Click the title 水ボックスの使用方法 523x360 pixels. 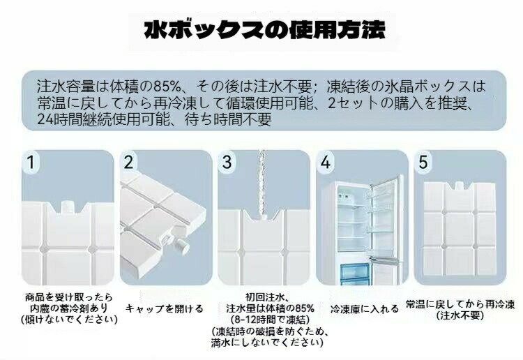(x=264, y=31)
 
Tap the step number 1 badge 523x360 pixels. (x=31, y=162)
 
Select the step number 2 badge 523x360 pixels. (x=128, y=162)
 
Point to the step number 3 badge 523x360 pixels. (x=227, y=162)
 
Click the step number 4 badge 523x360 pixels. (x=325, y=162)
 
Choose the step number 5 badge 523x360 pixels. (x=423, y=162)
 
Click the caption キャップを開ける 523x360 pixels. (x=165, y=308)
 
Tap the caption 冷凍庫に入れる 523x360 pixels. (x=365, y=308)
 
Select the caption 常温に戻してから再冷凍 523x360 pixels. (x=460, y=304)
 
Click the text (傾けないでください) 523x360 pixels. (x=69, y=320)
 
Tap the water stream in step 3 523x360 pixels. (x=262, y=183)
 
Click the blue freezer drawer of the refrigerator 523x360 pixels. (x=354, y=274)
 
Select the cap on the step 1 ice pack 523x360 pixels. (x=68, y=207)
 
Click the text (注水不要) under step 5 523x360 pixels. (x=460, y=315)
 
